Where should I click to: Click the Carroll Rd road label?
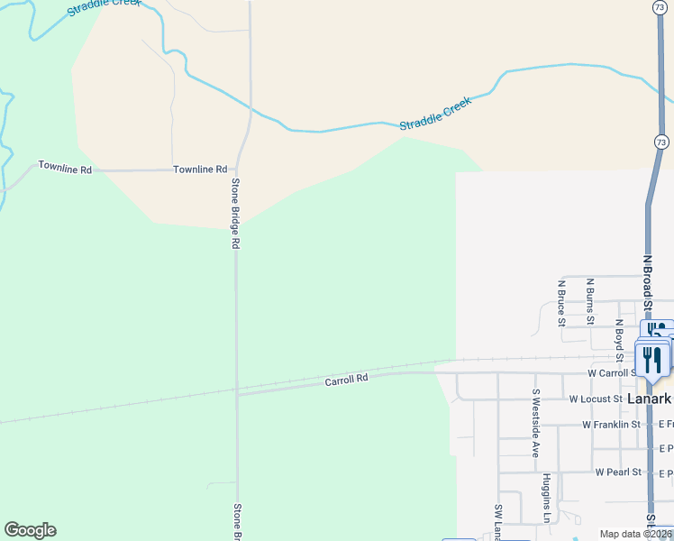[x=347, y=381]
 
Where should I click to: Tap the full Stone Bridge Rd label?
[x=235, y=214]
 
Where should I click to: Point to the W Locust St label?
[x=596, y=399]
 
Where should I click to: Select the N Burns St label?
[x=589, y=301]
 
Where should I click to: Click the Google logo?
[x=30, y=530]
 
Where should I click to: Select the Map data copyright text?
[x=635, y=534]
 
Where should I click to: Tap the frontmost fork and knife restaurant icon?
[x=652, y=361]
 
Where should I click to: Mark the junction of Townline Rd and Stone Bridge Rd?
[x=236, y=169]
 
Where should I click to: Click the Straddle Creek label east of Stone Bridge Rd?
[x=435, y=115]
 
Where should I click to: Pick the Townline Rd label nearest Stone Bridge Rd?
[x=200, y=169]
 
